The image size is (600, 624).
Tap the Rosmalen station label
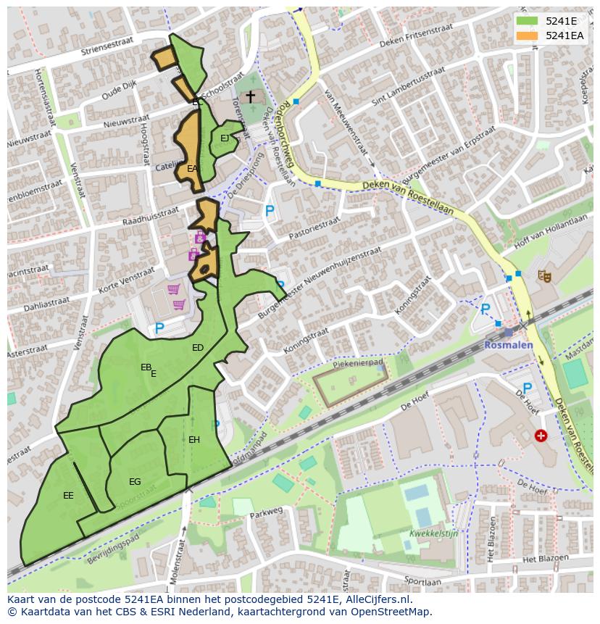pos(509,344)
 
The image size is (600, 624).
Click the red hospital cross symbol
pos(541,436)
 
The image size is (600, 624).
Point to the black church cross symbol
pos(250,96)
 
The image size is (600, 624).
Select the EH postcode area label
pos(194,440)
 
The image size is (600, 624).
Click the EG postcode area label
pos(135,482)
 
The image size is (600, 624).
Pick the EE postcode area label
pos(68,496)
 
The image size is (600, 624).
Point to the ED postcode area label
pos(198,348)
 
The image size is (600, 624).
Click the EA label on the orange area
pos(192,168)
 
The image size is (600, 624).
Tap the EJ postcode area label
pos(225,138)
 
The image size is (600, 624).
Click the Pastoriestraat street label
pos(314,226)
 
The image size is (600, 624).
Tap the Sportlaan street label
pos(422,581)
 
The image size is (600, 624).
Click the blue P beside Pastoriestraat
pos(270,212)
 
